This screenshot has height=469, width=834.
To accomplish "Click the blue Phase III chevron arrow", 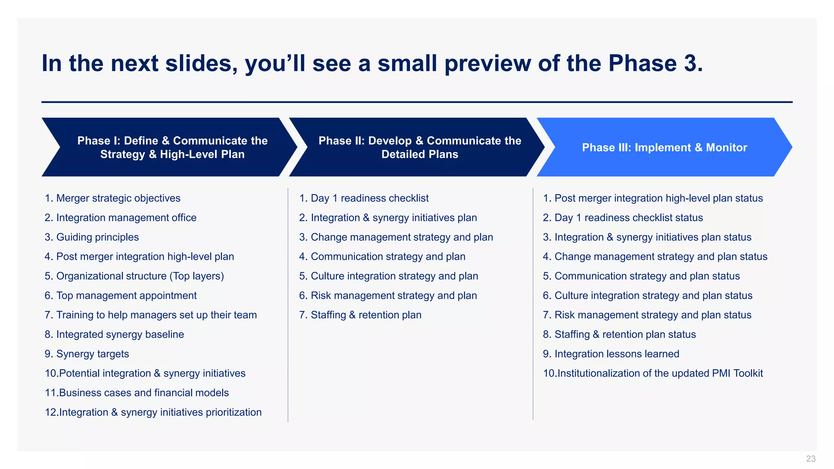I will [664, 147].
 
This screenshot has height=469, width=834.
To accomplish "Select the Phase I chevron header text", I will [172, 147].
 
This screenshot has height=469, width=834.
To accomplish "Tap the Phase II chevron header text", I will [419, 147].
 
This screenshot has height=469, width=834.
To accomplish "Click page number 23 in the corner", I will [810, 459].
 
